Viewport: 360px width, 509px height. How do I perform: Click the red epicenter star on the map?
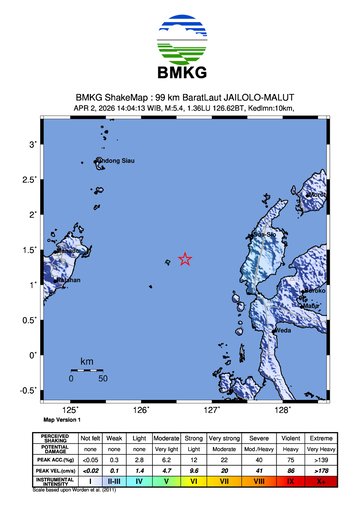tap(185, 259)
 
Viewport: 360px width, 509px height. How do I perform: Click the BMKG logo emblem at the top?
tap(179, 39)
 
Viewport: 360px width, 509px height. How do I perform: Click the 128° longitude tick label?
tap(283, 409)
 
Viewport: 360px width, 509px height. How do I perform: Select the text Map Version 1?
tap(63, 420)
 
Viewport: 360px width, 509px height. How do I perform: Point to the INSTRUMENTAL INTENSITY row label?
tap(56, 481)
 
